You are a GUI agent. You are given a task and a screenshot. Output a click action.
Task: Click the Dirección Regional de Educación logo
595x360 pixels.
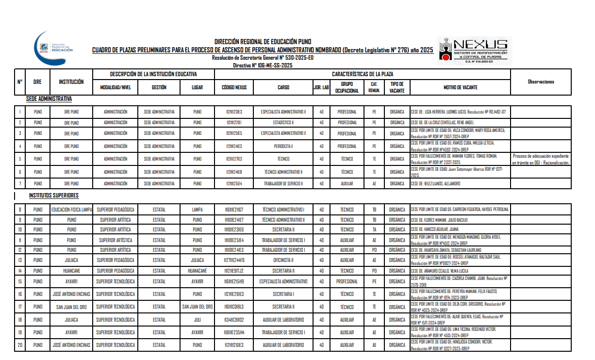pyautogui.click(x=54, y=49)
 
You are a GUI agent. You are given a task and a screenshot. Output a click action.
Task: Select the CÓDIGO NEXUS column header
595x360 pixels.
pyautogui.click(x=234, y=88)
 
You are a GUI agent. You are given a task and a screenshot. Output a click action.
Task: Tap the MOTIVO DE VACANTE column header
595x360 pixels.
pyautogui.click(x=460, y=88)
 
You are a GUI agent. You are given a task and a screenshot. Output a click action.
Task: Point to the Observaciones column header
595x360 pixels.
pyautogui.click(x=541, y=82)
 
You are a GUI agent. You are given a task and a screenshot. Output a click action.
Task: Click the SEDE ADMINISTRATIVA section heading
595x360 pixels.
pyautogui.click(x=49, y=99)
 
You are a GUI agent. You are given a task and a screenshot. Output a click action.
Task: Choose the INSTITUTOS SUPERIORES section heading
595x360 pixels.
pyautogui.click(x=53, y=196)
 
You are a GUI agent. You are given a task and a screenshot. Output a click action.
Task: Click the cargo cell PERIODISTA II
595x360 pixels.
pyautogui.click(x=283, y=146)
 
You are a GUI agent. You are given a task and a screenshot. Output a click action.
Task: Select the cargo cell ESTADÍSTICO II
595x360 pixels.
pyautogui.click(x=283, y=122)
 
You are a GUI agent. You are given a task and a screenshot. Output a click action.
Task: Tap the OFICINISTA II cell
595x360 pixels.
pyautogui.click(x=283, y=260)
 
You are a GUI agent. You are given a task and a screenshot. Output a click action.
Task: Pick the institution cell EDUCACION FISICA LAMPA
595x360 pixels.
pyautogui.click(x=71, y=210)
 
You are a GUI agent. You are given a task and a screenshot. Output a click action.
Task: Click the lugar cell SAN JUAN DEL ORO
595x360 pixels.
pyautogui.click(x=197, y=307)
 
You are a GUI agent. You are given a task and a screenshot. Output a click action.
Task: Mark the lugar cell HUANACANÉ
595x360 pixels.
pyautogui.click(x=197, y=271)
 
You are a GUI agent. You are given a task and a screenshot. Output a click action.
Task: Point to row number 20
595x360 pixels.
pyautogui.click(x=20, y=345)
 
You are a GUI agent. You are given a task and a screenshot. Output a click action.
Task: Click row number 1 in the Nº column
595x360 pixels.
pyautogui.click(x=20, y=112)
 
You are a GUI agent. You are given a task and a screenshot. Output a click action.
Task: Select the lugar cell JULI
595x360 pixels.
pyautogui.click(x=197, y=320)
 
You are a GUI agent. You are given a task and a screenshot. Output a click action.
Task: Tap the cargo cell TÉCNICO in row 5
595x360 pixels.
pyautogui.click(x=283, y=159)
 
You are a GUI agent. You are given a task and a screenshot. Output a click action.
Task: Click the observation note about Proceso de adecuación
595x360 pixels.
pyautogui.click(x=541, y=159)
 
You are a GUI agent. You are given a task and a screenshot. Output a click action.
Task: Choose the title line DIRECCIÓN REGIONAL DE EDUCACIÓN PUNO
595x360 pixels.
pyautogui.click(x=263, y=42)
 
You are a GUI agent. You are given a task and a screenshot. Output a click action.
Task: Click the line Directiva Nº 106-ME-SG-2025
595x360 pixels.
pyautogui.click(x=263, y=65)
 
